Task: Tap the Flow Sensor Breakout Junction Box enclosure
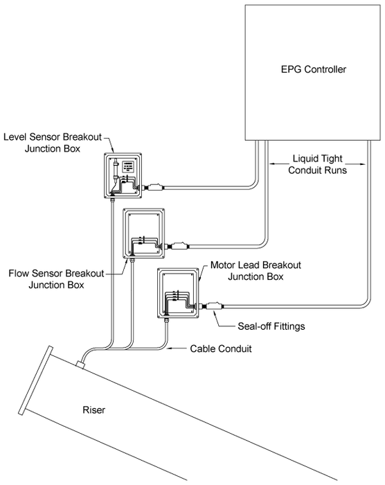[143, 233]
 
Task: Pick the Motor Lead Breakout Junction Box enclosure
[179, 292]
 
